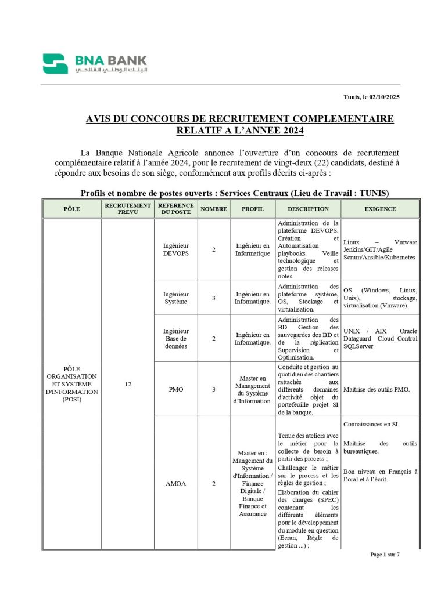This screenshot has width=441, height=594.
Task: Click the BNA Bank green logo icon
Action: coord(55,64)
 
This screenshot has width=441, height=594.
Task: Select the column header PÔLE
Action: coord(71,209)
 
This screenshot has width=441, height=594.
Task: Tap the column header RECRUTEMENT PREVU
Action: coord(128,209)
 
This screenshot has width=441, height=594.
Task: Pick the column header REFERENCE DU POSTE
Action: coord(176,209)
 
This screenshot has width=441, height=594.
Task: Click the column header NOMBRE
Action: coord(213,209)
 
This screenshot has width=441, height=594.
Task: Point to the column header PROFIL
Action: coord(253,209)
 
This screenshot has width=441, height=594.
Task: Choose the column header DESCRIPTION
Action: coord(308,209)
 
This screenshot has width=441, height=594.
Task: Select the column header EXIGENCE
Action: coord(380,209)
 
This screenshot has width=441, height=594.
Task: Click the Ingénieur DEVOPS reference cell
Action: coord(176,249)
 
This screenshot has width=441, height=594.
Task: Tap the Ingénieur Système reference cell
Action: coord(176,298)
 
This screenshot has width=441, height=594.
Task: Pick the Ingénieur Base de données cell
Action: coord(176,338)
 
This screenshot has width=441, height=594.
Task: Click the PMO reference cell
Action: coord(176,389)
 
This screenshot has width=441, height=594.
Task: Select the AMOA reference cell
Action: coord(176,483)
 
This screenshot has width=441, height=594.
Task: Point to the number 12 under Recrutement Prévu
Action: coord(128,384)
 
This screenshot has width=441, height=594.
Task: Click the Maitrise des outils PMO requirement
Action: coord(377,389)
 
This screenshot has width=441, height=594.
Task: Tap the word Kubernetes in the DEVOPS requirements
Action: coord(399,257)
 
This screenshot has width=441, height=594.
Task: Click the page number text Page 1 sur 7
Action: coord(385,555)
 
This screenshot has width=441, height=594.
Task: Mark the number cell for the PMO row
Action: coord(213,389)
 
